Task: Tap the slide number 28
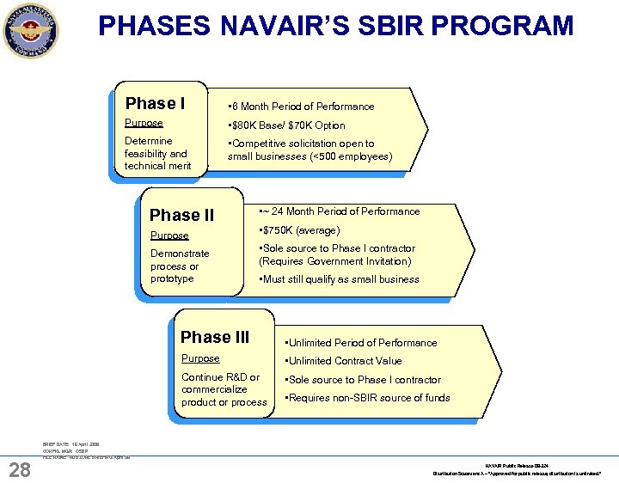pyautogui.click(x=20, y=468)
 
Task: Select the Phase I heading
pyautogui.click(x=155, y=104)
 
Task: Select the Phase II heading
pyautogui.click(x=181, y=215)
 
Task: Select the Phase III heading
pyautogui.click(x=214, y=338)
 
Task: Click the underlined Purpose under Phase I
pyautogui.click(x=144, y=123)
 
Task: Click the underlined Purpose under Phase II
pyautogui.click(x=169, y=235)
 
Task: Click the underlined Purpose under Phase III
pyautogui.click(x=200, y=358)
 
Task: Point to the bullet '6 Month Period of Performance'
pyautogui.click(x=300, y=107)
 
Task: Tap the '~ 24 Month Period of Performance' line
pyautogui.click(x=340, y=211)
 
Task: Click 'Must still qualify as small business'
pyautogui.click(x=339, y=279)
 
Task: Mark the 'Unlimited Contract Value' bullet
pyautogui.click(x=343, y=361)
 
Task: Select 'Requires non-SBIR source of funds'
pyautogui.click(x=367, y=398)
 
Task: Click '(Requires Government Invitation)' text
pyautogui.click(x=335, y=261)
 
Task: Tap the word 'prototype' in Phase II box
pyautogui.click(x=172, y=278)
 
